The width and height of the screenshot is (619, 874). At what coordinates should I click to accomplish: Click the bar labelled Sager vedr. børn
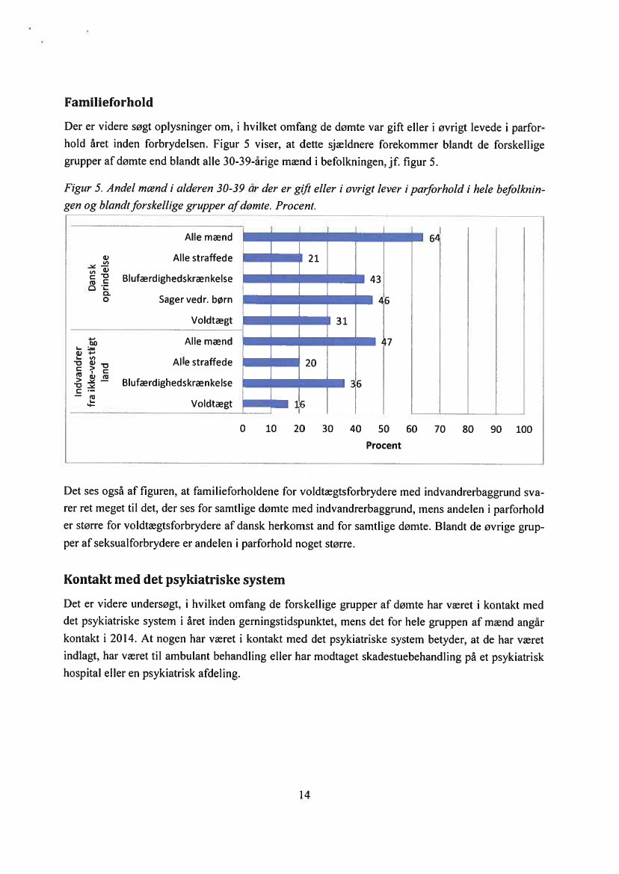(308, 300)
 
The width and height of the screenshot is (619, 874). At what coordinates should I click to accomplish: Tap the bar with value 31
(287, 321)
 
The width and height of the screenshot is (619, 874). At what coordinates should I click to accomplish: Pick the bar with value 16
(265, 404)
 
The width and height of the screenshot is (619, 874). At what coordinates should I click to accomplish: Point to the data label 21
(314, 259)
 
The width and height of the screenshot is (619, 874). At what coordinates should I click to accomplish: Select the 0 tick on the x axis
(242, 429)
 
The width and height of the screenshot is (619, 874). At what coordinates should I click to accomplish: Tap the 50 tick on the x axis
(384, 429)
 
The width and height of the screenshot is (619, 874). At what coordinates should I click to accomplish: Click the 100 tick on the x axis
(523, 429)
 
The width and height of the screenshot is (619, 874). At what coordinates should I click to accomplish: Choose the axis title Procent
(384, 446)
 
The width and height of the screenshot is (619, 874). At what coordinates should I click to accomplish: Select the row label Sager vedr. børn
(196, 300)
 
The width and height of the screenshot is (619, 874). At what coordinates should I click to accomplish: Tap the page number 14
(304, 795)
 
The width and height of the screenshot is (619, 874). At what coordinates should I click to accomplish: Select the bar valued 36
(294, 383)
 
